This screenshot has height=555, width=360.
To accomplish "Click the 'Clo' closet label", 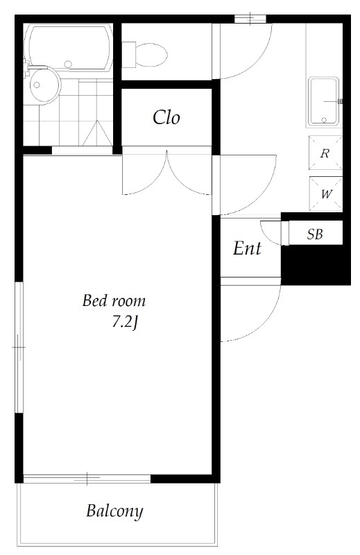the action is tap(166, 117).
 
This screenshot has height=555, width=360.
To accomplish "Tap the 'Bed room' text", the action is tap(114, 300).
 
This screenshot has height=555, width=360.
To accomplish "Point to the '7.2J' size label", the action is tap(125, 323).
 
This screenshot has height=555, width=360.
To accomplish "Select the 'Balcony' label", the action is tap(114, 511).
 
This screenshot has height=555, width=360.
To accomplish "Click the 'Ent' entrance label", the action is tap(247, 248).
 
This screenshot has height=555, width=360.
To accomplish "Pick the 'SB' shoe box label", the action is tap(315, 234).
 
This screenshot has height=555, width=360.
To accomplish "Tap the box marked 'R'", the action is tap(325, 153).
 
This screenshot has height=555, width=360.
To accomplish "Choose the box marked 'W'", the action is tap(325, 194).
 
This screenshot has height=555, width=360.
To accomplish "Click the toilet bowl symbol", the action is tap(145, 55).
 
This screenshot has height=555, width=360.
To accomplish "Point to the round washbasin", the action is tap(44, 85).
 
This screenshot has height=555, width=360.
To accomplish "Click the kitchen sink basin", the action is tap(324, 101).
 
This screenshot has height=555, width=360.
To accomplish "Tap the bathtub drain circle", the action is tap(68, 65).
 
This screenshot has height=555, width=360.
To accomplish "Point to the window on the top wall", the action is tap(250, 19).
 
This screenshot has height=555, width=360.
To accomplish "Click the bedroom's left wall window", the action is tap(19, 348).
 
